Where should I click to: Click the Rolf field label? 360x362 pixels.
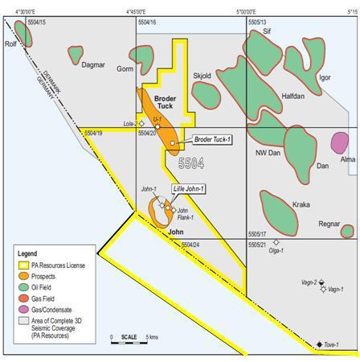click(x=11, y=44)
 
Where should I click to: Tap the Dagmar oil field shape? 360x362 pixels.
click(x=76, y=55)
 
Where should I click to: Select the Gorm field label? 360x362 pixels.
click(x=125, y=69)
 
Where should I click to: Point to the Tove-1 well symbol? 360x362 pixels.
click(x=320, y=344)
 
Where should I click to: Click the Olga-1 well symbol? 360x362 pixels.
click(x=276, y=242)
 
